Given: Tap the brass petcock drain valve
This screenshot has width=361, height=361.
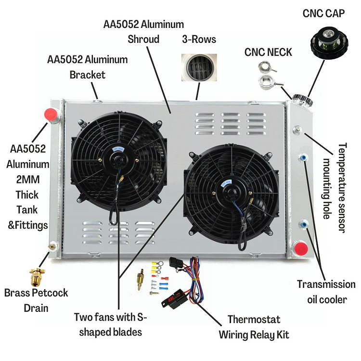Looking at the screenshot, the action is [37, 277].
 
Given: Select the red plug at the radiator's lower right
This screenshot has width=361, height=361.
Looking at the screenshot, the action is [301, 249].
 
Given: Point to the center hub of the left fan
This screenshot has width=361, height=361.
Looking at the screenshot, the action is [118, 159].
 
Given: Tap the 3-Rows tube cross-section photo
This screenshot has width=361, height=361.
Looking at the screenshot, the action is [199, 67].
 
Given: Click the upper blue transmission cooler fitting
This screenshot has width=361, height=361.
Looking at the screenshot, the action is [303, 158].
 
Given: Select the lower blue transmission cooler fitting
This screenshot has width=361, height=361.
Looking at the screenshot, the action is [303, 224].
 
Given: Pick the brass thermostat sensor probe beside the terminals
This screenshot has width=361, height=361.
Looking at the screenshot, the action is [140, 280].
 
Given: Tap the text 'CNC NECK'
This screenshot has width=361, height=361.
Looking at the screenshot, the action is [268, 52].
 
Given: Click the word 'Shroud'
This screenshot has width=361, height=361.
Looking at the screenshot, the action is [143, 39].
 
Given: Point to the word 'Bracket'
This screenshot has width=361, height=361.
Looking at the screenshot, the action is [88, 75].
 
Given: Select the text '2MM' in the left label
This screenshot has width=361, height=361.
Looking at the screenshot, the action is [28, 180].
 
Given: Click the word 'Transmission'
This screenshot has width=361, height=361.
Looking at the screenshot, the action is [326, 284].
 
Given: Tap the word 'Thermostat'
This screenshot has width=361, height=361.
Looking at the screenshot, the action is [254, 320].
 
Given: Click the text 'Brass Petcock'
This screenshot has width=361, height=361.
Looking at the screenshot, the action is [36, 293].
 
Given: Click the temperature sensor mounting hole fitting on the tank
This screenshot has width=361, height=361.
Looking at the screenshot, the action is [297, 130].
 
